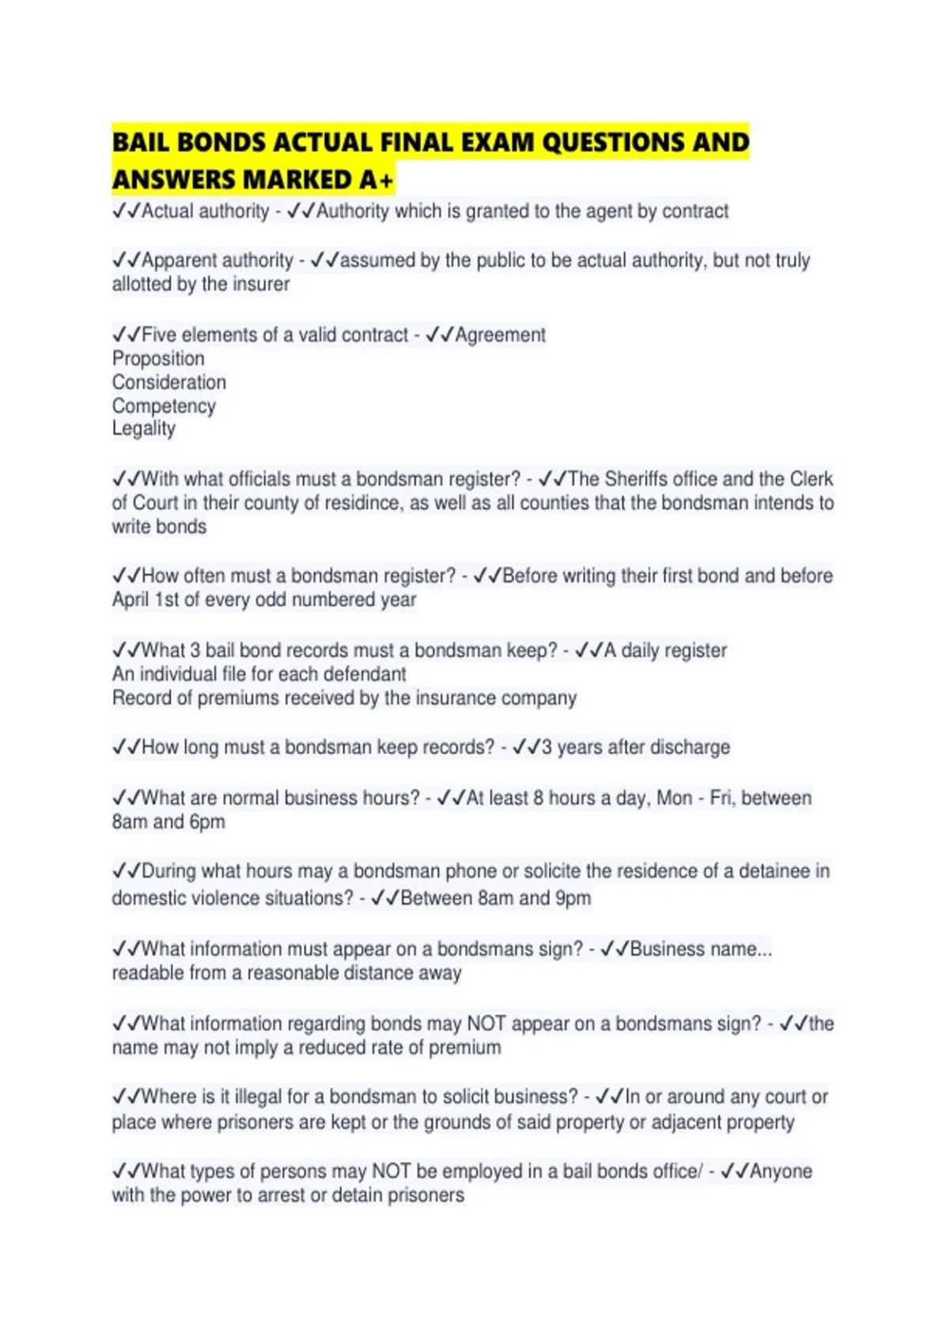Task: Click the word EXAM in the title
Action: click(x=494, y=142)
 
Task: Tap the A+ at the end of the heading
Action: click(x=376, y=180)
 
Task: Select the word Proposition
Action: click(x=158, y=359)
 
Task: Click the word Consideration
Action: click(x=169, y=383)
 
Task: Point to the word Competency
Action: click(x=164, y=406)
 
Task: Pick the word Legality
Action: click(x=144, y=429)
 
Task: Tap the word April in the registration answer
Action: click(x=130, y=600)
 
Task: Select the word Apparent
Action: click(x=179, y=261)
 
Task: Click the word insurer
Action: click(x=261, y=285)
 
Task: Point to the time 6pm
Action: click(x=207, y=822)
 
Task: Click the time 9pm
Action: click(x=573, y=899)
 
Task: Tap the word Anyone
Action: click(x=781, y=1172)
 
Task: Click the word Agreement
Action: click(x=501, y=335)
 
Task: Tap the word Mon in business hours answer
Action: click(x=675, y=798)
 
